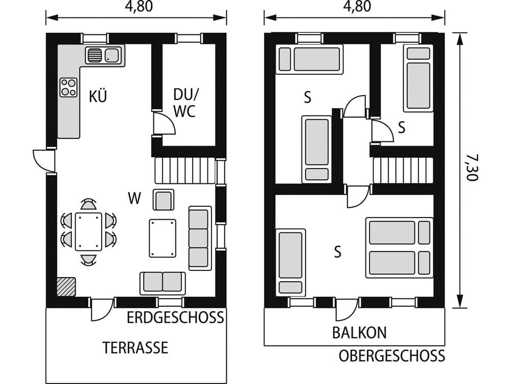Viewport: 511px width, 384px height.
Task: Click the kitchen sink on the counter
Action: (104, 55)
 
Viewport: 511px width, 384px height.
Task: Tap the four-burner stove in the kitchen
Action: (68, 87)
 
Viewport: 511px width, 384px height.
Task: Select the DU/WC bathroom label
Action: (184, 102)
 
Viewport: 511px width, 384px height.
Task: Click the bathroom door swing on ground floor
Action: (164, 124)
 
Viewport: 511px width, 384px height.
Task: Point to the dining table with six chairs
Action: (88, 231)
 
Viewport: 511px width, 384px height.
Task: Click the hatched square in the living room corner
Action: (66, 287)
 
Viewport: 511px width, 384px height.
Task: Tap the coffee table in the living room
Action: (162, 238)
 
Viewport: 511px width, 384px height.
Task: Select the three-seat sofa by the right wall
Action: (200, 238)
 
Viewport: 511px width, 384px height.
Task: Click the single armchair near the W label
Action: (164, 200)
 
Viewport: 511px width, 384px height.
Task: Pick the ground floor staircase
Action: (184, 170)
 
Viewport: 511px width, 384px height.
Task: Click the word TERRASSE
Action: (135, 348)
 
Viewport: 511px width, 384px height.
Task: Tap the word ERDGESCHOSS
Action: (175, 317)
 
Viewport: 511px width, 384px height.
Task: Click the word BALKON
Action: (359, 333)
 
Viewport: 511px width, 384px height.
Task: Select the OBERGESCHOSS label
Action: (391, 356)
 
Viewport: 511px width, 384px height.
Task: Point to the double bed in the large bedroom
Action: (399, 248)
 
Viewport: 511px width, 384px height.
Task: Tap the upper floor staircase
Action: (403, 170)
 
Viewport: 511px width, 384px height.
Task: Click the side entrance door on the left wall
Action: (44, 161)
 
